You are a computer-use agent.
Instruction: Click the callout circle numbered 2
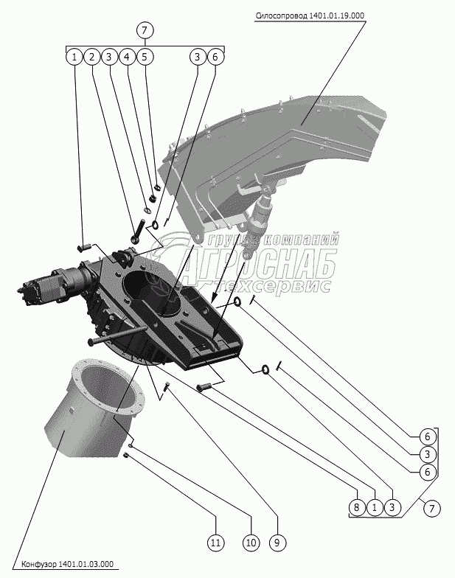91,56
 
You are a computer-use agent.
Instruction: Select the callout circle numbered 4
126,56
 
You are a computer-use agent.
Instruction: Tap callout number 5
144,56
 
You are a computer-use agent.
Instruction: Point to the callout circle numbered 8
357,508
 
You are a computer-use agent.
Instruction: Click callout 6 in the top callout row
215,56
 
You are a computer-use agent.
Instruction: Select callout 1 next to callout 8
375,508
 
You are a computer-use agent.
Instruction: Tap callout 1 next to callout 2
73,56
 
